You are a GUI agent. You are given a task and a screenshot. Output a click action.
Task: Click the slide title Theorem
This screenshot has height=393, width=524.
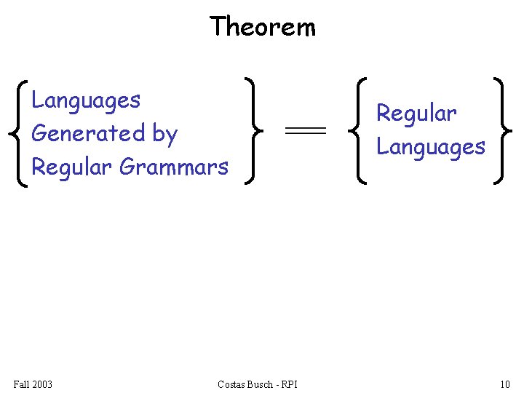click(x=262, y=27)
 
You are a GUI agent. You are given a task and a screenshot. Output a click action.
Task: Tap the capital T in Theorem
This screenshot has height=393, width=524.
click(x=218, y=27)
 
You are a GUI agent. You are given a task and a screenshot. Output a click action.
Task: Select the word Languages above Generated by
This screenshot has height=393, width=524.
click(x=86, y=100)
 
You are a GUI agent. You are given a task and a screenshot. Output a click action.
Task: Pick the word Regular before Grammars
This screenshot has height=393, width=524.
click(x=72, y=167)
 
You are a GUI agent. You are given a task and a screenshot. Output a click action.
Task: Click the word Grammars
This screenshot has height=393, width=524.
click(x=174, y=167)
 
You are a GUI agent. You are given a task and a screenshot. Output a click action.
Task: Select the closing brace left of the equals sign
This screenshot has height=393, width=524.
click(x=251, y=131)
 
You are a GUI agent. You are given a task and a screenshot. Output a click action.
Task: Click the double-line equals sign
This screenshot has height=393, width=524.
click(x=304, y=130)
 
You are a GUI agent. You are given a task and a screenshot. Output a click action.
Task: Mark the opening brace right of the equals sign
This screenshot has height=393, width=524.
click(x=357, y=131)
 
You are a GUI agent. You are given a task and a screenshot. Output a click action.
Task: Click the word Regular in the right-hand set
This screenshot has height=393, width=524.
click(x=416, y=114)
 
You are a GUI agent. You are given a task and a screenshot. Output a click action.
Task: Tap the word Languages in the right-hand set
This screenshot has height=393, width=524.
click(x=430, y=147)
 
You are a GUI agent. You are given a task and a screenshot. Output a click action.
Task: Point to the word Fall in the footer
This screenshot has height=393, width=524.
click(x=22, y=384)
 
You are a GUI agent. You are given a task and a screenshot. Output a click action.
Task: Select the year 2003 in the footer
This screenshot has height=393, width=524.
click(x=42, y=384)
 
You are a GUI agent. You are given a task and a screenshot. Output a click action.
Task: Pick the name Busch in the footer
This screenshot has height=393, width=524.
click(x=263, y=384)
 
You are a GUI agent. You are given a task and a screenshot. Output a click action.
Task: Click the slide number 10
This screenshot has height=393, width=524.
click(x=504, y=384)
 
